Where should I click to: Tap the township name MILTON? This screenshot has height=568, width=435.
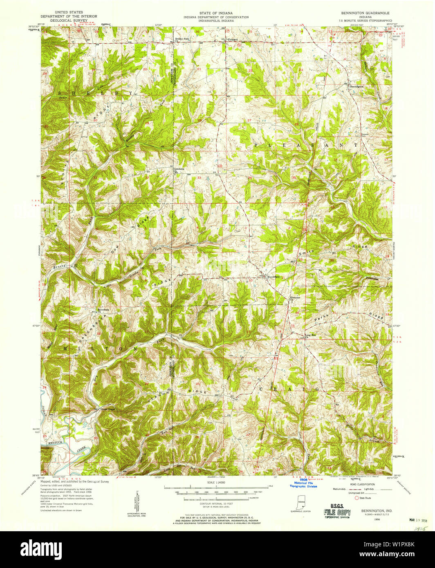click(101, 348)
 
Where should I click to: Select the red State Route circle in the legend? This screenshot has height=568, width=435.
click(356, 498)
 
